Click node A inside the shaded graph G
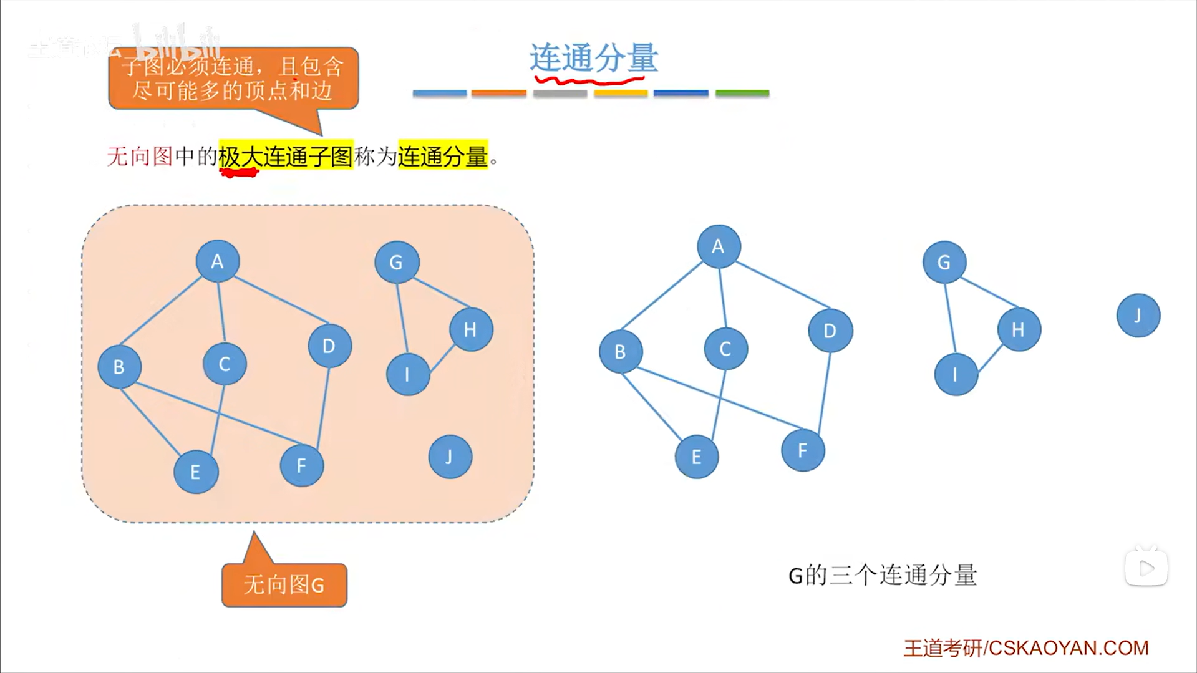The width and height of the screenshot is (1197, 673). tap(217, 261)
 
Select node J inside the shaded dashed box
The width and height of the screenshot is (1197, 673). tap(450, 457)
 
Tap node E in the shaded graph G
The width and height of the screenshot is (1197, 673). tap(196, 472)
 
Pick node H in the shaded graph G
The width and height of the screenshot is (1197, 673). tap(471, 329)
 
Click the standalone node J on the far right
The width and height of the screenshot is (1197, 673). tap(1138, 316)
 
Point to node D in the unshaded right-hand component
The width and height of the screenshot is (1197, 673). tap(830, 331)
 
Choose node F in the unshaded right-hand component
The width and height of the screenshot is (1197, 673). tap(803, 450)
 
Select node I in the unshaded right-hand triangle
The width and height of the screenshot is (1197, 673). tap(956, 374)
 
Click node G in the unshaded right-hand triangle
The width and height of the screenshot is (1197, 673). tap(944, 263)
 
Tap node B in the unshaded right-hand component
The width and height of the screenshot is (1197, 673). tap(620, 352)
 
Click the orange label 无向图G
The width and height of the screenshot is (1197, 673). tap(284, 585)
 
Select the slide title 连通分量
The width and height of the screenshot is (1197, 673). tap(593, 58)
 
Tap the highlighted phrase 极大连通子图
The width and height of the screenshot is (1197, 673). tap(286, 156)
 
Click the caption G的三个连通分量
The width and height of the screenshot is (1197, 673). tap(883, 575)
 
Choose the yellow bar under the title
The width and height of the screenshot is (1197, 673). tap(621, 94)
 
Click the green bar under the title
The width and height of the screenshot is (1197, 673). tap(742, 94)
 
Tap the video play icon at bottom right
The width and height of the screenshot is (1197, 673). tap(1146, 568)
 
